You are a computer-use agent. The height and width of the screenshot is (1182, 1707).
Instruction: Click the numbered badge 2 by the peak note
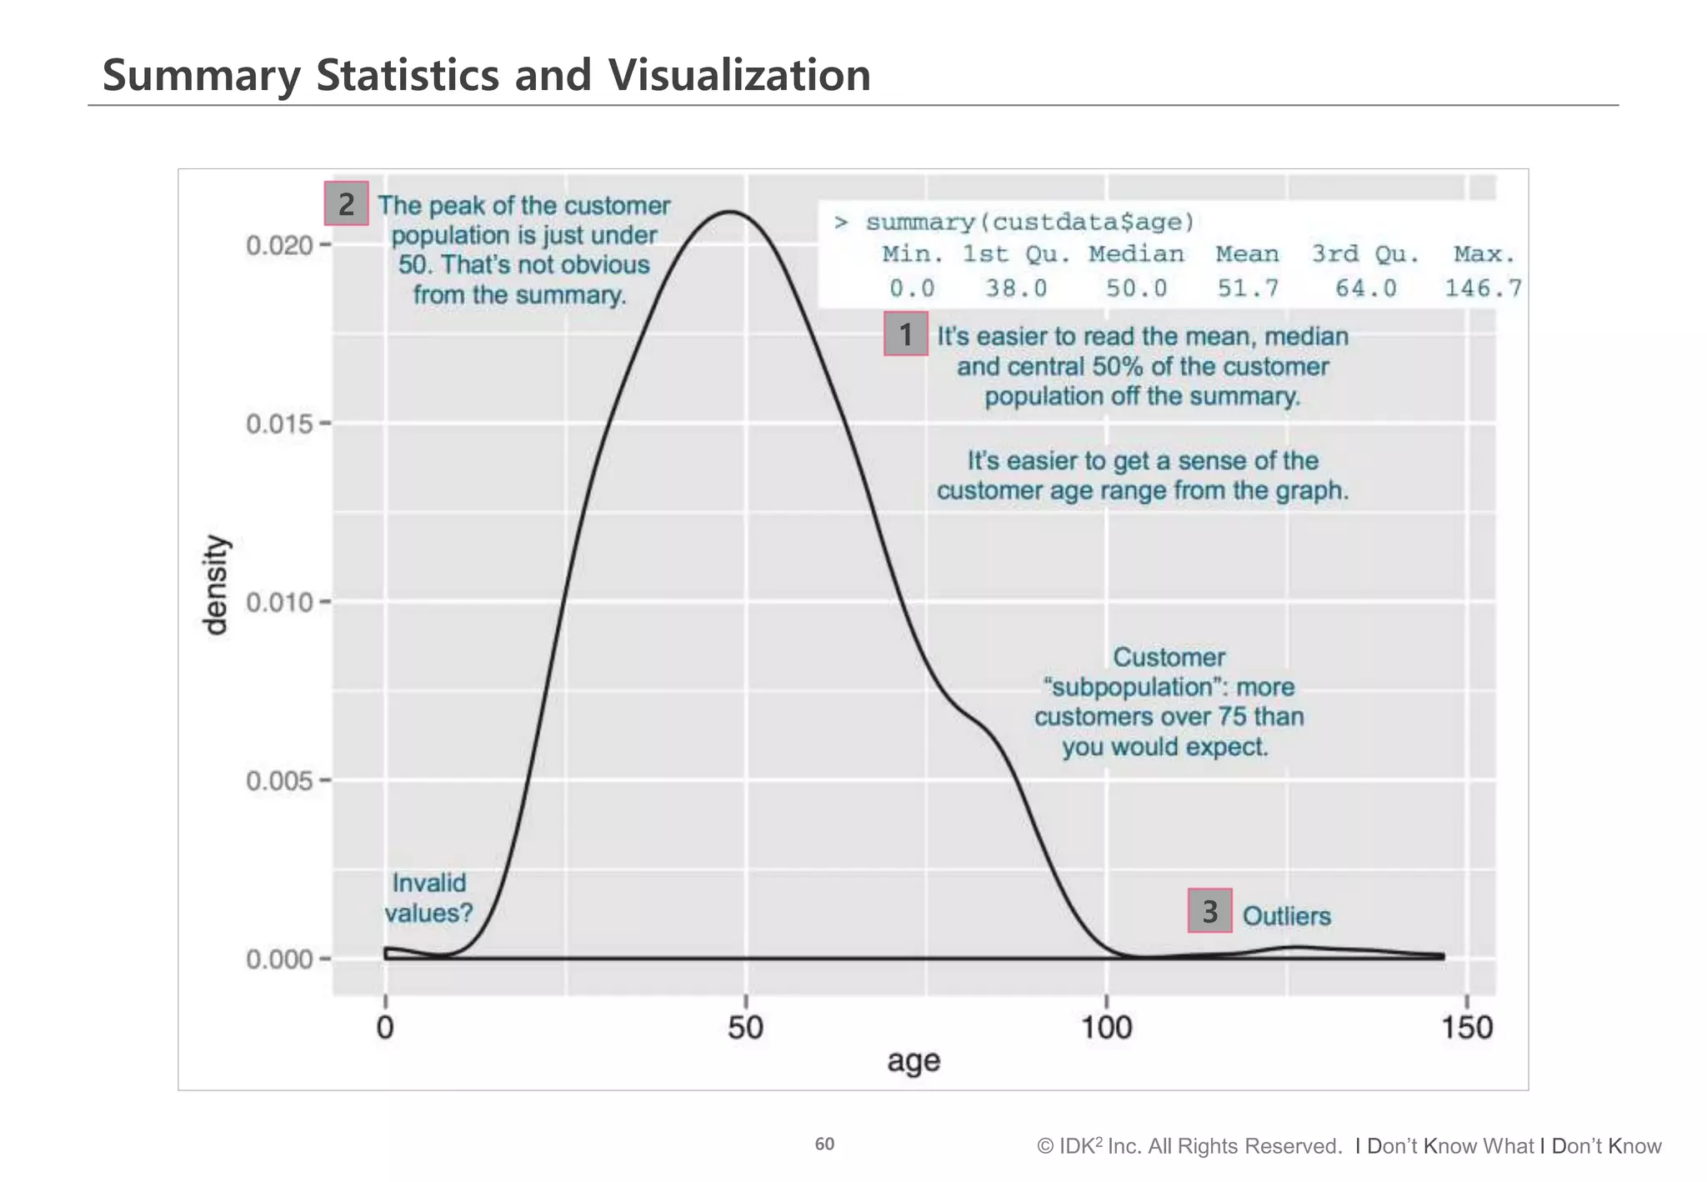coord(346,203)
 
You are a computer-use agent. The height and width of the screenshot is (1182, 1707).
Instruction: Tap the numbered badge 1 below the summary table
coord(905,334)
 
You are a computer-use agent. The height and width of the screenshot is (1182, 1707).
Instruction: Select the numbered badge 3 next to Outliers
coord(1209,910)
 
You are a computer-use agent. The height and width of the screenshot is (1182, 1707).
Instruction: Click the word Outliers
coord(1286,916)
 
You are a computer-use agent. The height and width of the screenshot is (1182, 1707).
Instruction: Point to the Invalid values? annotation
coord(428,898)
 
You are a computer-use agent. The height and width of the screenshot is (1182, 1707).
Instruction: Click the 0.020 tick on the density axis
coord(279,245)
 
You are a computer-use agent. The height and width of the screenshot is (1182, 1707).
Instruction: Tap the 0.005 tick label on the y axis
coord(279,781)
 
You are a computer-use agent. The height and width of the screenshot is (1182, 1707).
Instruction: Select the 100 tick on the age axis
coord(1106,1027)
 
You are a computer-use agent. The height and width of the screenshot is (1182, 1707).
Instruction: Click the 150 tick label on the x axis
coord(1467,1027)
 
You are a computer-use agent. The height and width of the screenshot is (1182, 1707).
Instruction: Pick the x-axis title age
coord(914,1061)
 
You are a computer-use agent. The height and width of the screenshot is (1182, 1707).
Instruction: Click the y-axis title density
coord(216,585)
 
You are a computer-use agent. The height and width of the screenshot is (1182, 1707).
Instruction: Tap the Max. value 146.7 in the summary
coord(1483,288)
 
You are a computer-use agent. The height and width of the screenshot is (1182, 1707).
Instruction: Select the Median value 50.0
coord(1136,288)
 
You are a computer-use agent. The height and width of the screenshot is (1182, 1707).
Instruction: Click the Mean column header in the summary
coord(1247,253)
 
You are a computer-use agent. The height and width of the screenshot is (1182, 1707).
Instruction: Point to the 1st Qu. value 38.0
coord(1016,288)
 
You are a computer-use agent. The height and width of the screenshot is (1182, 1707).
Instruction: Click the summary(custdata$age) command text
coord(1030,222)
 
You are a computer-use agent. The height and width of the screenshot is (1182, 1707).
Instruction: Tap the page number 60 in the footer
coord(824,1144)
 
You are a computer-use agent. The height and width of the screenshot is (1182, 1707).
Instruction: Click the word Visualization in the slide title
coord(739,75)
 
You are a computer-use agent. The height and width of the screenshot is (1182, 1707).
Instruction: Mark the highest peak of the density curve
coord(730,211)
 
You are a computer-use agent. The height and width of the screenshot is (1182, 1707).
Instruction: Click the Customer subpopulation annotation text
coord(1169,702)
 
